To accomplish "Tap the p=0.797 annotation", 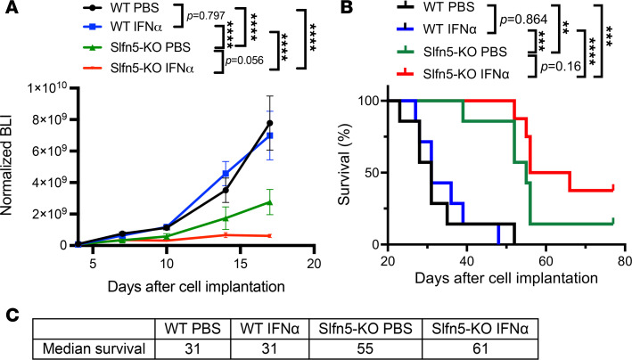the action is [206, 17].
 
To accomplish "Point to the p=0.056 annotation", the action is [244, 61].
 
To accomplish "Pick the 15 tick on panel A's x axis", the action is [240, 263].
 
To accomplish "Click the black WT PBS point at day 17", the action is [270, 123].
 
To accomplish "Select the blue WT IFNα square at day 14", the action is [226, 174].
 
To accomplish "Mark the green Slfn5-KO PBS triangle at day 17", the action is [270, 202].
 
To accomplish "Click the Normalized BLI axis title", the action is [6, 166].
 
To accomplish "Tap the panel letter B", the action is [348, 8].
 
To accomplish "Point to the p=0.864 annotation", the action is [523, 20].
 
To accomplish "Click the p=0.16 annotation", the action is [561, 66].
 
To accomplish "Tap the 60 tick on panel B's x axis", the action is [546, 260].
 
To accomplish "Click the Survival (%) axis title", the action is [345, 165].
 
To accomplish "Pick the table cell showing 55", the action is [365, 348].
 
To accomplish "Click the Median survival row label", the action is [94, 348].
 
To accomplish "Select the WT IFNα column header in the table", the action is [270, 329].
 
